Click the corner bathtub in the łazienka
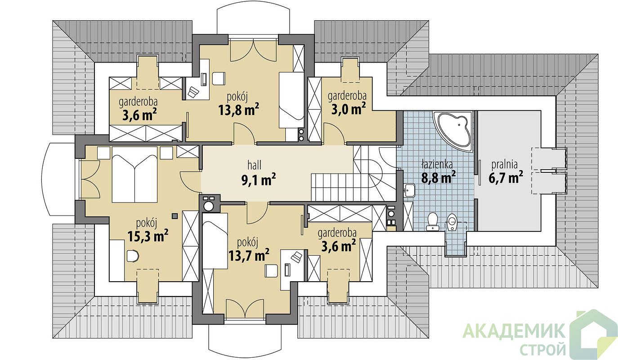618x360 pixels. click(452, 131)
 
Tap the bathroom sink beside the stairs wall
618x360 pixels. click(410, 190)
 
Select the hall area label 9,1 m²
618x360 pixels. click(259, 180)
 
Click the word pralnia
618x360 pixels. click(504, 165)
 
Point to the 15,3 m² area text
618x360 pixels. click(148, 236)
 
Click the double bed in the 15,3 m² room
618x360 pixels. click(134, 175)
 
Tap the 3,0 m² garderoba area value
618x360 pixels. click(349, 108)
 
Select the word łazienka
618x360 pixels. click(437, 164)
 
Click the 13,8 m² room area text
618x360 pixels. click(239, 110)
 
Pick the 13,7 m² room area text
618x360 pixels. click(249, 255)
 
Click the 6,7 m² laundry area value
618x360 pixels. click(506, 177)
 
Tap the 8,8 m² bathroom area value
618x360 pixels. click(438, 177)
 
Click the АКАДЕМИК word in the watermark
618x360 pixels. click(514, 331)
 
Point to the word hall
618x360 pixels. click(255, 165)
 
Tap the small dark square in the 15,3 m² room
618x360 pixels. click(174, 216)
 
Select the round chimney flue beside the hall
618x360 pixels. click(209, 206)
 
